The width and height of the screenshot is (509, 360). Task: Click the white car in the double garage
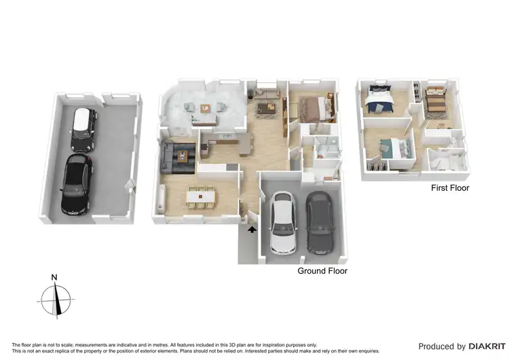[x=283, y=223]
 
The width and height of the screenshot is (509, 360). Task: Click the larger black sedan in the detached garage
[x=77, y=181]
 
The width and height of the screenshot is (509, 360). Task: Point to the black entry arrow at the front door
[x=252, y=230]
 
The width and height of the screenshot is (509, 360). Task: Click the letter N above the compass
[x=54, y=277]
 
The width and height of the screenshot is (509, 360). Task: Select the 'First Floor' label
[x=450, y=188]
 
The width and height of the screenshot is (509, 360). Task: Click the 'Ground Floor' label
[x=322, y=271]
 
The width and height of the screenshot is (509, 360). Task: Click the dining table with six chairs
[x=200, y=196]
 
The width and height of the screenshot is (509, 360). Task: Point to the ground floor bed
[x=313, y=107]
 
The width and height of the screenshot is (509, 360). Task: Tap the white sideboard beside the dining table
[x=160, y=198]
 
